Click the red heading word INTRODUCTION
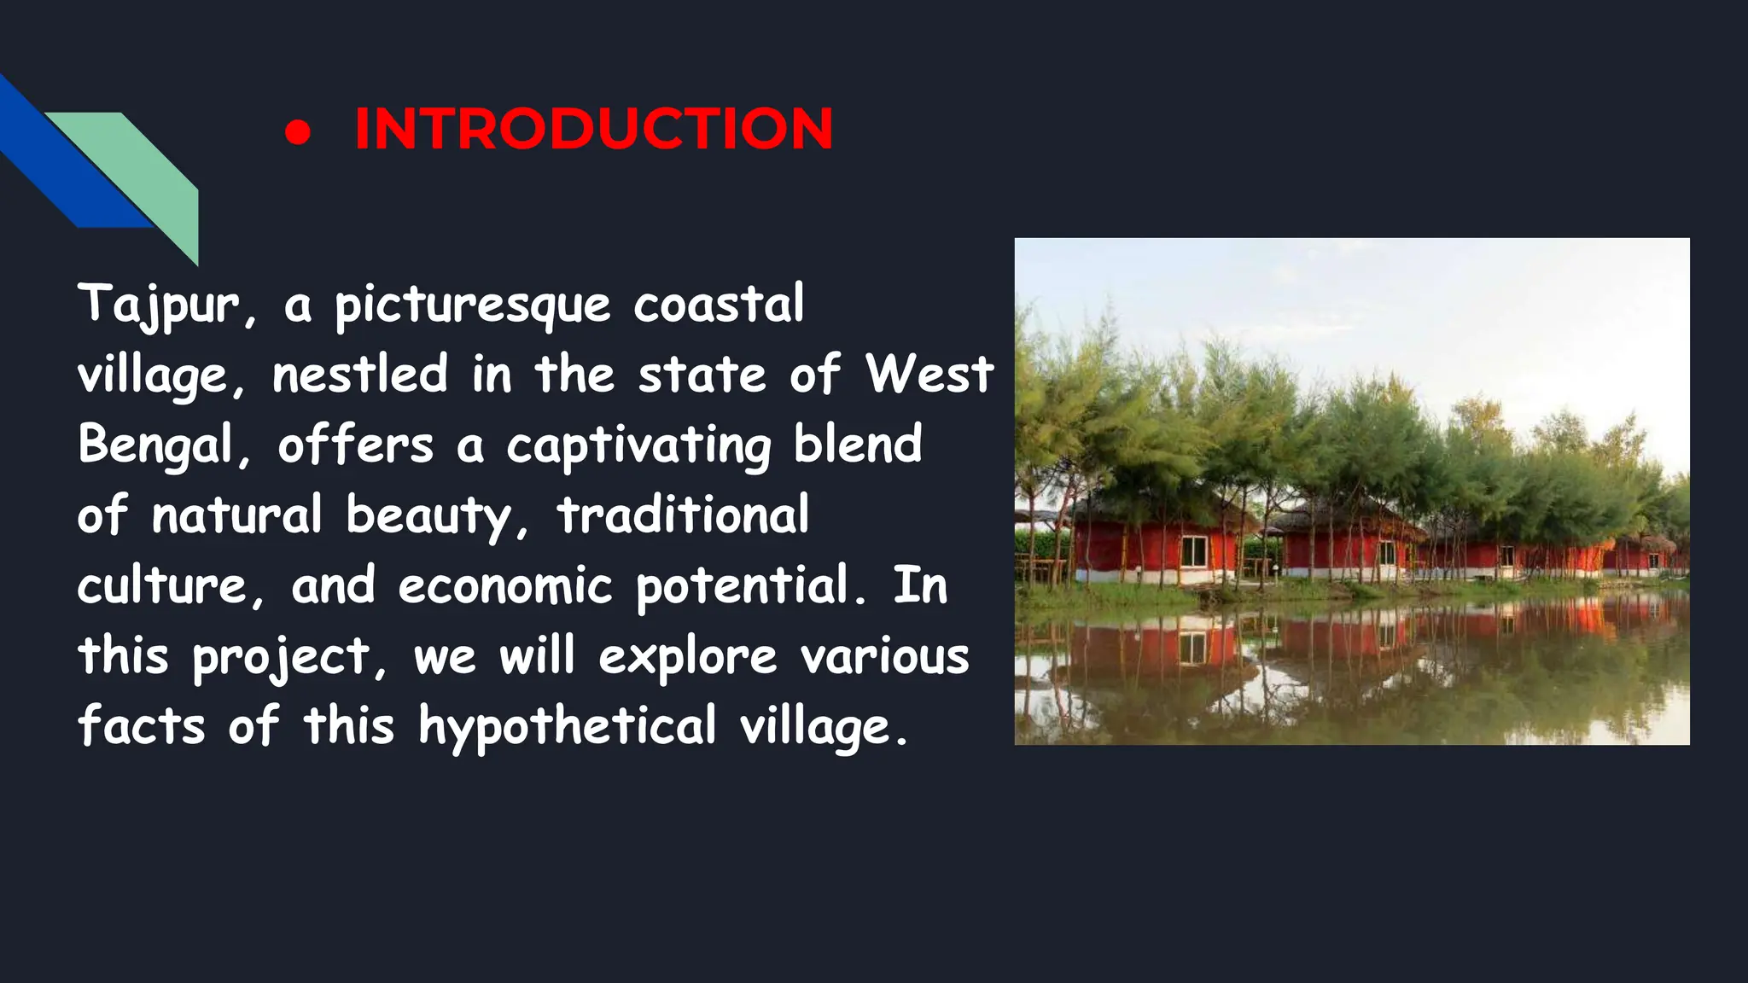click(x=593, y=129)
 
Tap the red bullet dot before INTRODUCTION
click(x=298, y=132)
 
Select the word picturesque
click(x=472, y=305)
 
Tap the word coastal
click(x=718, y=305)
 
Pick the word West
click(x=929, y=375)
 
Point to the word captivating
click(x=638, y=445)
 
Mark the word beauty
click(x=429, y=515)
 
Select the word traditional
click(x=683, y=515)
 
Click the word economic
click(x=505, y=586)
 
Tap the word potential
click(x=743, y=586)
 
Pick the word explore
click(x=687, y=657)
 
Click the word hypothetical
click(x=567, y=727)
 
